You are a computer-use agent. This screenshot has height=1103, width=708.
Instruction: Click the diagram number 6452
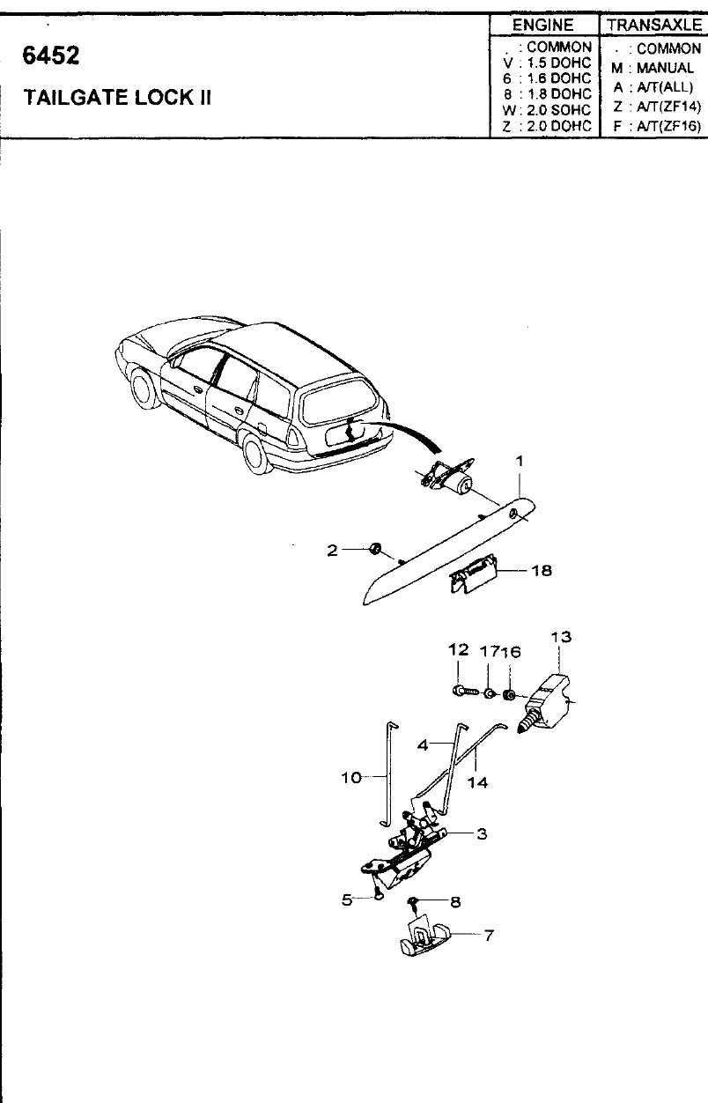coord(51,56)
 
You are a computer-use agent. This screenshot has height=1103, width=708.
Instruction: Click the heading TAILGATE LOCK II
coord(117,98)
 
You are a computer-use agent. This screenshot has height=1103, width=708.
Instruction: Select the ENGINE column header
coord(543,26)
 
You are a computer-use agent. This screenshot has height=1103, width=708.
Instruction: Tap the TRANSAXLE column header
coord(654,25)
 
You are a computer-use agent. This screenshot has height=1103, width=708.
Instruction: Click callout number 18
coord(542,570)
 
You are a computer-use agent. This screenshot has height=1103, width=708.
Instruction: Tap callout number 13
coord(561,637)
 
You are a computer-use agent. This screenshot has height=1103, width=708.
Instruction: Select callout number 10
coord(351,778)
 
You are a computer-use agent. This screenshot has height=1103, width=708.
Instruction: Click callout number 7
coord(489,935)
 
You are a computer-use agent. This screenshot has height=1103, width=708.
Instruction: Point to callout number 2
coord(333,550)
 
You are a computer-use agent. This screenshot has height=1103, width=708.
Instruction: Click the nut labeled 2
coord(376,549)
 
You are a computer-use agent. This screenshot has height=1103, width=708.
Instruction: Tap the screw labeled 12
coord(465,692)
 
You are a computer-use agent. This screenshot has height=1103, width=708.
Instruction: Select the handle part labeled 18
coord(473,574)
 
